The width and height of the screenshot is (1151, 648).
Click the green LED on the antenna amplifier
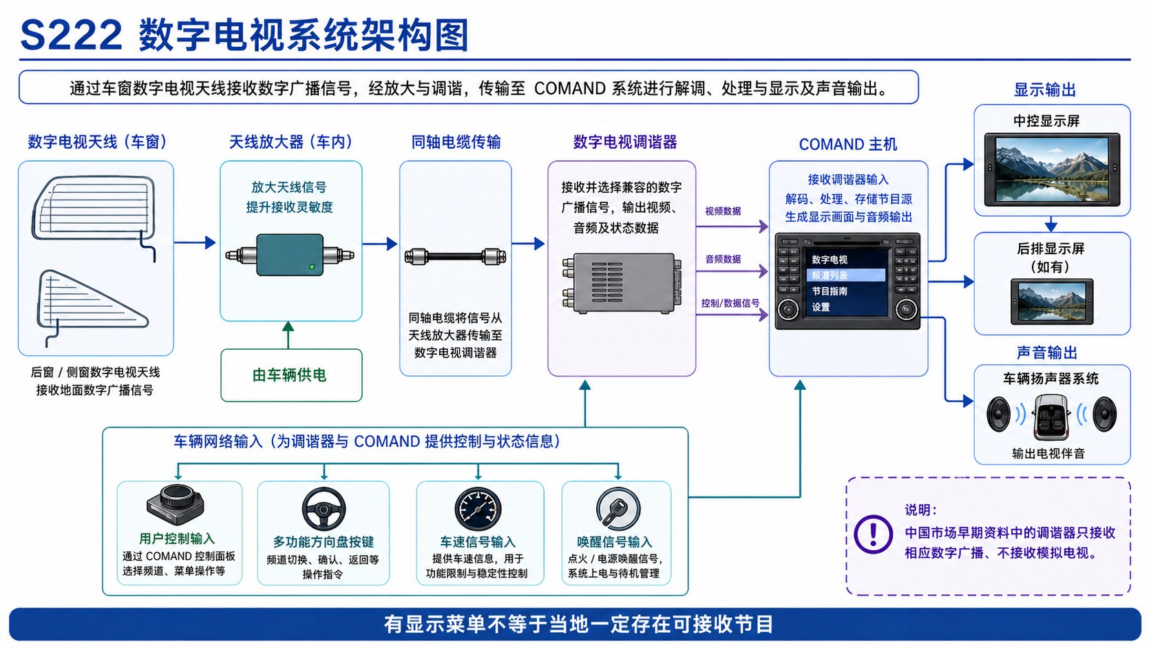[x=311, y=266]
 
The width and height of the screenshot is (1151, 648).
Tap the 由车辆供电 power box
[x=291, y=375]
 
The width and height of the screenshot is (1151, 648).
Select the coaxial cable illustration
[x=455, y=256]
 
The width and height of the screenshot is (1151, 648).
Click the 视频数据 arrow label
[x=722, y=211]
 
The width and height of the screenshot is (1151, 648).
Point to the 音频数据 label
[x=722, y=259]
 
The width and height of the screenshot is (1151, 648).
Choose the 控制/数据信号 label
[x=730, y=303]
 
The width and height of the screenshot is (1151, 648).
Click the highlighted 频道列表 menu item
[x=846, y=275]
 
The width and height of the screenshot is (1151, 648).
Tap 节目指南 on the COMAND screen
[x=830, y=291]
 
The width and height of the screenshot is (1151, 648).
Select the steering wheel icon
[x=324, y=509]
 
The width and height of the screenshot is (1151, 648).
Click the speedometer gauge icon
[x=477, y=509]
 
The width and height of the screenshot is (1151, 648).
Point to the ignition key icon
[x=618, y=509]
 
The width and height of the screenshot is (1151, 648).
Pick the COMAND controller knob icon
[x=176, y=505]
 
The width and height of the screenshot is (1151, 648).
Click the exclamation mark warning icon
[x=873, y=534]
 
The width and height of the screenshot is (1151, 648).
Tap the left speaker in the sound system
[x=998, y=414]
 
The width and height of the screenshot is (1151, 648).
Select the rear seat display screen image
[x=1051, y=302]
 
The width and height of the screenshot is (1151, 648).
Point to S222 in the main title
[x=72, y=35]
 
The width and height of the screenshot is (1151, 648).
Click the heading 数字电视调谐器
[x=625, y=142]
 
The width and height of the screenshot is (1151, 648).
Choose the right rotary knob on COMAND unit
[x=906, y=309]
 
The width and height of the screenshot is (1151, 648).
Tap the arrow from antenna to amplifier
[x=195, y=242]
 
